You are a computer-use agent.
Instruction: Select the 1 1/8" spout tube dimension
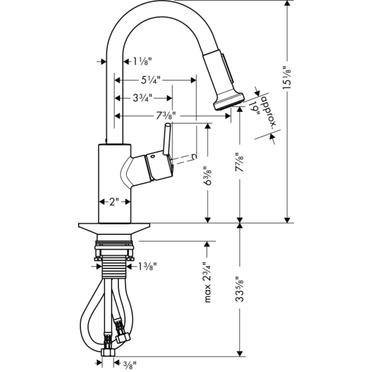click(x=142, y=62)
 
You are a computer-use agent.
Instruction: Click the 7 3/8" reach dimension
click(x=166, y=117)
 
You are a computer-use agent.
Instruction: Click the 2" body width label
click(x=114, y=202)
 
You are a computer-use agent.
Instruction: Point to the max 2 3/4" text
click(x=208, y=281)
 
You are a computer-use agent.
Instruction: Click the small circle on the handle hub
click(x=152, y=157)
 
